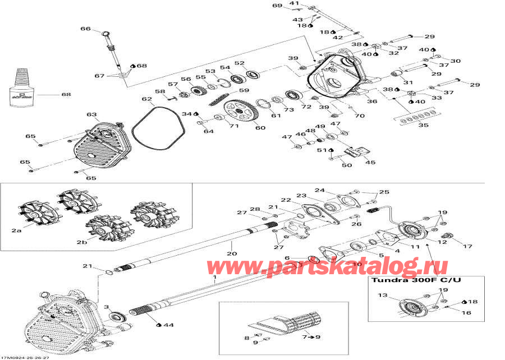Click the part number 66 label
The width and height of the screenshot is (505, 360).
coord(85,29)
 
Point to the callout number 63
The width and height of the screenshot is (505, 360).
coord(91,114)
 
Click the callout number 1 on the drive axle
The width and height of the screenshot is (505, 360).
coord(214,278)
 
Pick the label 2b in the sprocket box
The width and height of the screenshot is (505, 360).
coord(82,243)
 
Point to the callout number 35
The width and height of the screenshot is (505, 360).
coord(423,125)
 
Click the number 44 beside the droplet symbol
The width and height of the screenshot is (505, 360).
coord(168,324)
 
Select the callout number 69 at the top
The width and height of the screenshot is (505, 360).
coord(277,6)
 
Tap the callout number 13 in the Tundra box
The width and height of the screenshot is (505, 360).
coord(382,295)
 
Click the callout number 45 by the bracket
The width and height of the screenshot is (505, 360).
coord(370,163)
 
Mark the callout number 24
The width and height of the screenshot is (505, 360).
coord(319,190)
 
